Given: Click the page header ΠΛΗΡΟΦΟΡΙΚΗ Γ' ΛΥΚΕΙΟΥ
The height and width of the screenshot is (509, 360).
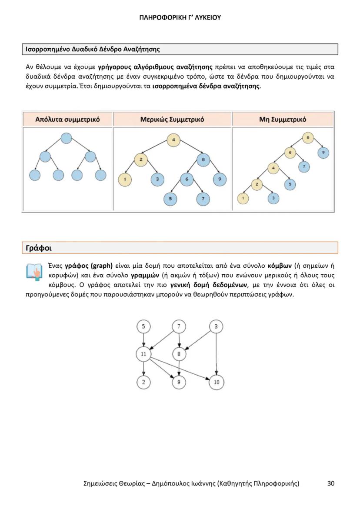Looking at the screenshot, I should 180,18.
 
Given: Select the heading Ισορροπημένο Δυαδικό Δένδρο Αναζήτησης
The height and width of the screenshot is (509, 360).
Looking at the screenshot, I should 91,49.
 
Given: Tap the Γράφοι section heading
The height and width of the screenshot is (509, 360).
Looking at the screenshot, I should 39,248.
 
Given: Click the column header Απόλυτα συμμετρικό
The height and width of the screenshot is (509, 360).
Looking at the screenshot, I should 67,119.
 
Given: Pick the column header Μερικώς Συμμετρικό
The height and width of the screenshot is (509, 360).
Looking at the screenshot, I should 172,119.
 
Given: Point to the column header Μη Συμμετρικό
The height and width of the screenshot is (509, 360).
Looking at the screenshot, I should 283,119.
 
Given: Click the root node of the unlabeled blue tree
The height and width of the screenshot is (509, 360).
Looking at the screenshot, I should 66,138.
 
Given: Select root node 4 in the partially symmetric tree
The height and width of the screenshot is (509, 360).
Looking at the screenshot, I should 173,140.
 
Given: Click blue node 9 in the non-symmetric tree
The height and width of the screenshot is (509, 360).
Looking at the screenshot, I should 323,153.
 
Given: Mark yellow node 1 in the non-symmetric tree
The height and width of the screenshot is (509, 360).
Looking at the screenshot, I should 243,198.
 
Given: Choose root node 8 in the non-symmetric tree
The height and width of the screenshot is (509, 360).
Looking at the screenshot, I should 308,138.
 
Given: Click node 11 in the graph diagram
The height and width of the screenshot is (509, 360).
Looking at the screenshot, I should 143,354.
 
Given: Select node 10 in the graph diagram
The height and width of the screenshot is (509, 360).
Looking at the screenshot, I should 217,383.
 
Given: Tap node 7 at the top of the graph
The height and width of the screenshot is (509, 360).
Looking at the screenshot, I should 179,326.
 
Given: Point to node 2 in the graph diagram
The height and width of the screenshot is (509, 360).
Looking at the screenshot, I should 143,383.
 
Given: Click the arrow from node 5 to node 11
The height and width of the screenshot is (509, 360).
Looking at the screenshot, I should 143,340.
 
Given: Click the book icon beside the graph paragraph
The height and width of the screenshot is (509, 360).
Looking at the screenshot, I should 34,272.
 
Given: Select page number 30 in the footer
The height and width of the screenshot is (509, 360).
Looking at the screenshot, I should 331,483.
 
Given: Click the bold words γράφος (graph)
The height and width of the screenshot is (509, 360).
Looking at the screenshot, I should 89,266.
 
